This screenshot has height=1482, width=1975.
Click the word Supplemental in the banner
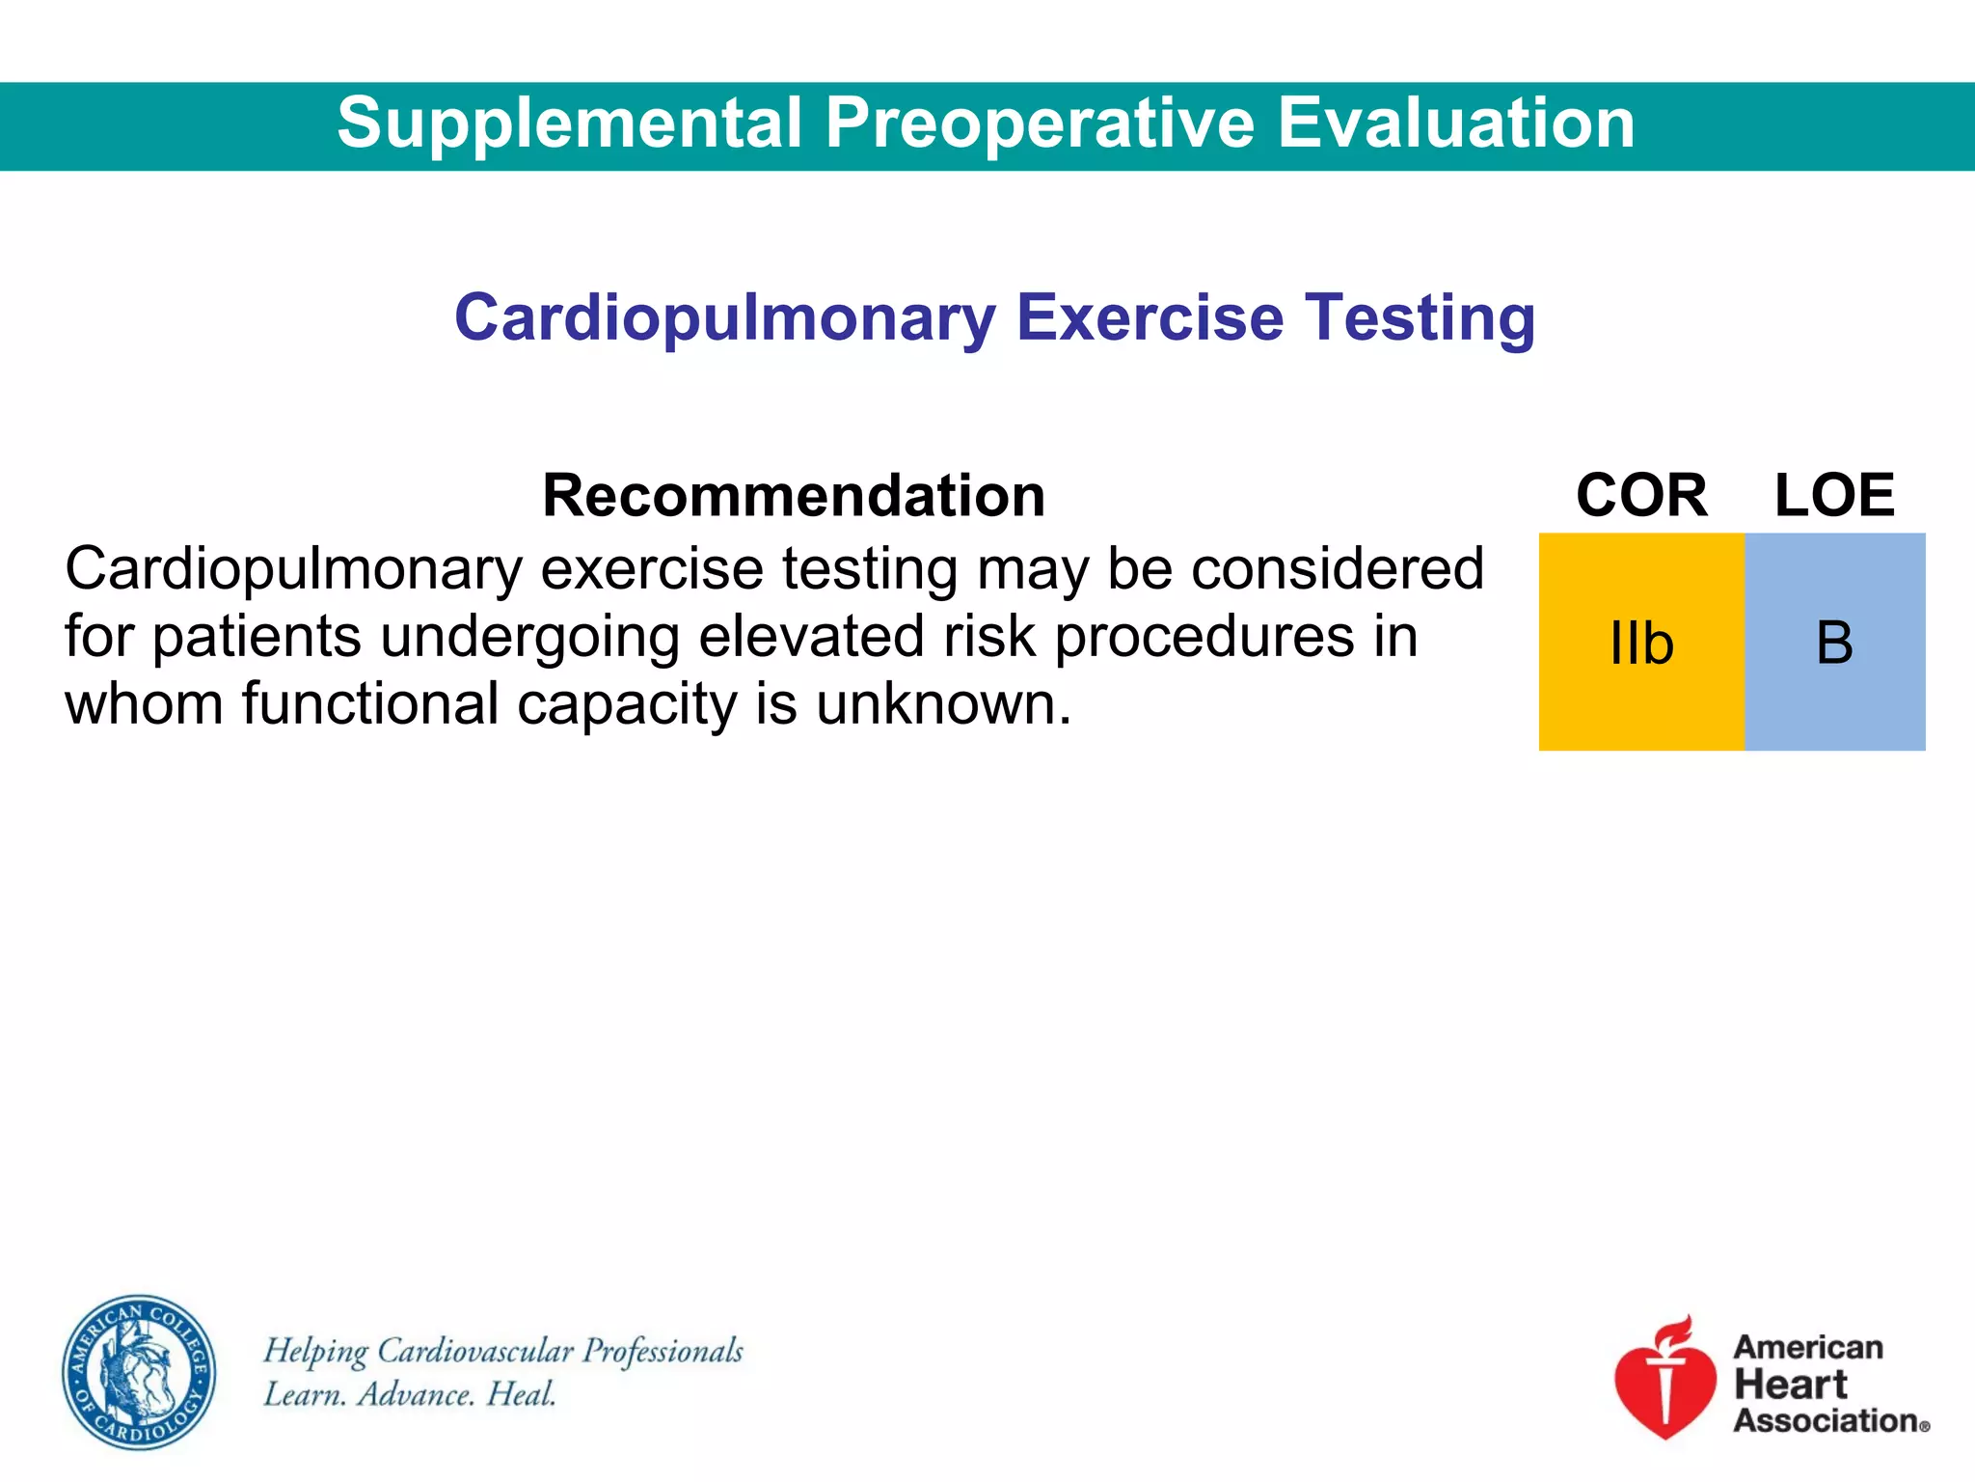tap(569, 123)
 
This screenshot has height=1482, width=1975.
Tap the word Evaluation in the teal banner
tap(1456, 123)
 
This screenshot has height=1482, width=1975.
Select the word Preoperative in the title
tap(1040, 123)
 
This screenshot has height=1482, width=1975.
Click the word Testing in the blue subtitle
tap(1420, 317)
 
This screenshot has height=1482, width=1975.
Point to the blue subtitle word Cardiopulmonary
tap(725, 319)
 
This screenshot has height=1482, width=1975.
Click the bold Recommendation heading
tap(794, 496)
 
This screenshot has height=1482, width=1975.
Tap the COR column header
tap(1641, 496)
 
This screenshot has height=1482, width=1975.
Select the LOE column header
tap(1834, 496)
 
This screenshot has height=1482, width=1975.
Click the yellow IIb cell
tap(1641, 643)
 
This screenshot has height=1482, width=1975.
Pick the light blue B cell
tap(1834, 643)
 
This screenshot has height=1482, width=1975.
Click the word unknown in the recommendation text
tap(943, 703)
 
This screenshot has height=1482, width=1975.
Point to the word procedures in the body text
tap(1204, 637)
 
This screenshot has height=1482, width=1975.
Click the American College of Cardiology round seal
tap(139, 1372)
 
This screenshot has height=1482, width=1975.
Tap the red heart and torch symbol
tap(1664, 1380)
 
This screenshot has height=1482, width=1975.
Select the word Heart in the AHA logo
tap(1790, 1385)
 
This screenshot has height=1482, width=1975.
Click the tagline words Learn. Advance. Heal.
tap(410, 1394)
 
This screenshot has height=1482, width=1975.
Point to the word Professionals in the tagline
tap(663, 1351)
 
